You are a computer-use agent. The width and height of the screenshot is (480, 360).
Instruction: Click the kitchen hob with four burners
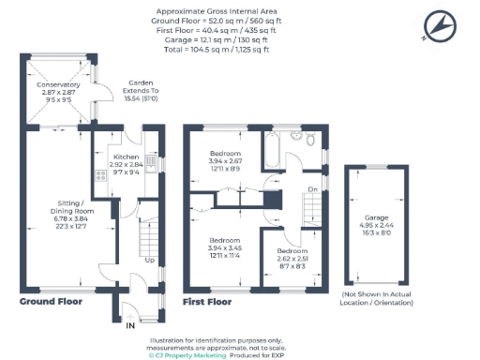tap(98, 175)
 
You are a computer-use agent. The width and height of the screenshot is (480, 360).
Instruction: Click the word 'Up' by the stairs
tap(148, 260)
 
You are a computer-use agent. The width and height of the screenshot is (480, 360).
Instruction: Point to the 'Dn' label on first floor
tap(312, 190)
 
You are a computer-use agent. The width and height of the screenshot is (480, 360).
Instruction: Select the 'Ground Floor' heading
tap(55, 302)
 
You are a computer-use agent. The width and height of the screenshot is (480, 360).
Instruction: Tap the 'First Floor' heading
tap(207, 302)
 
